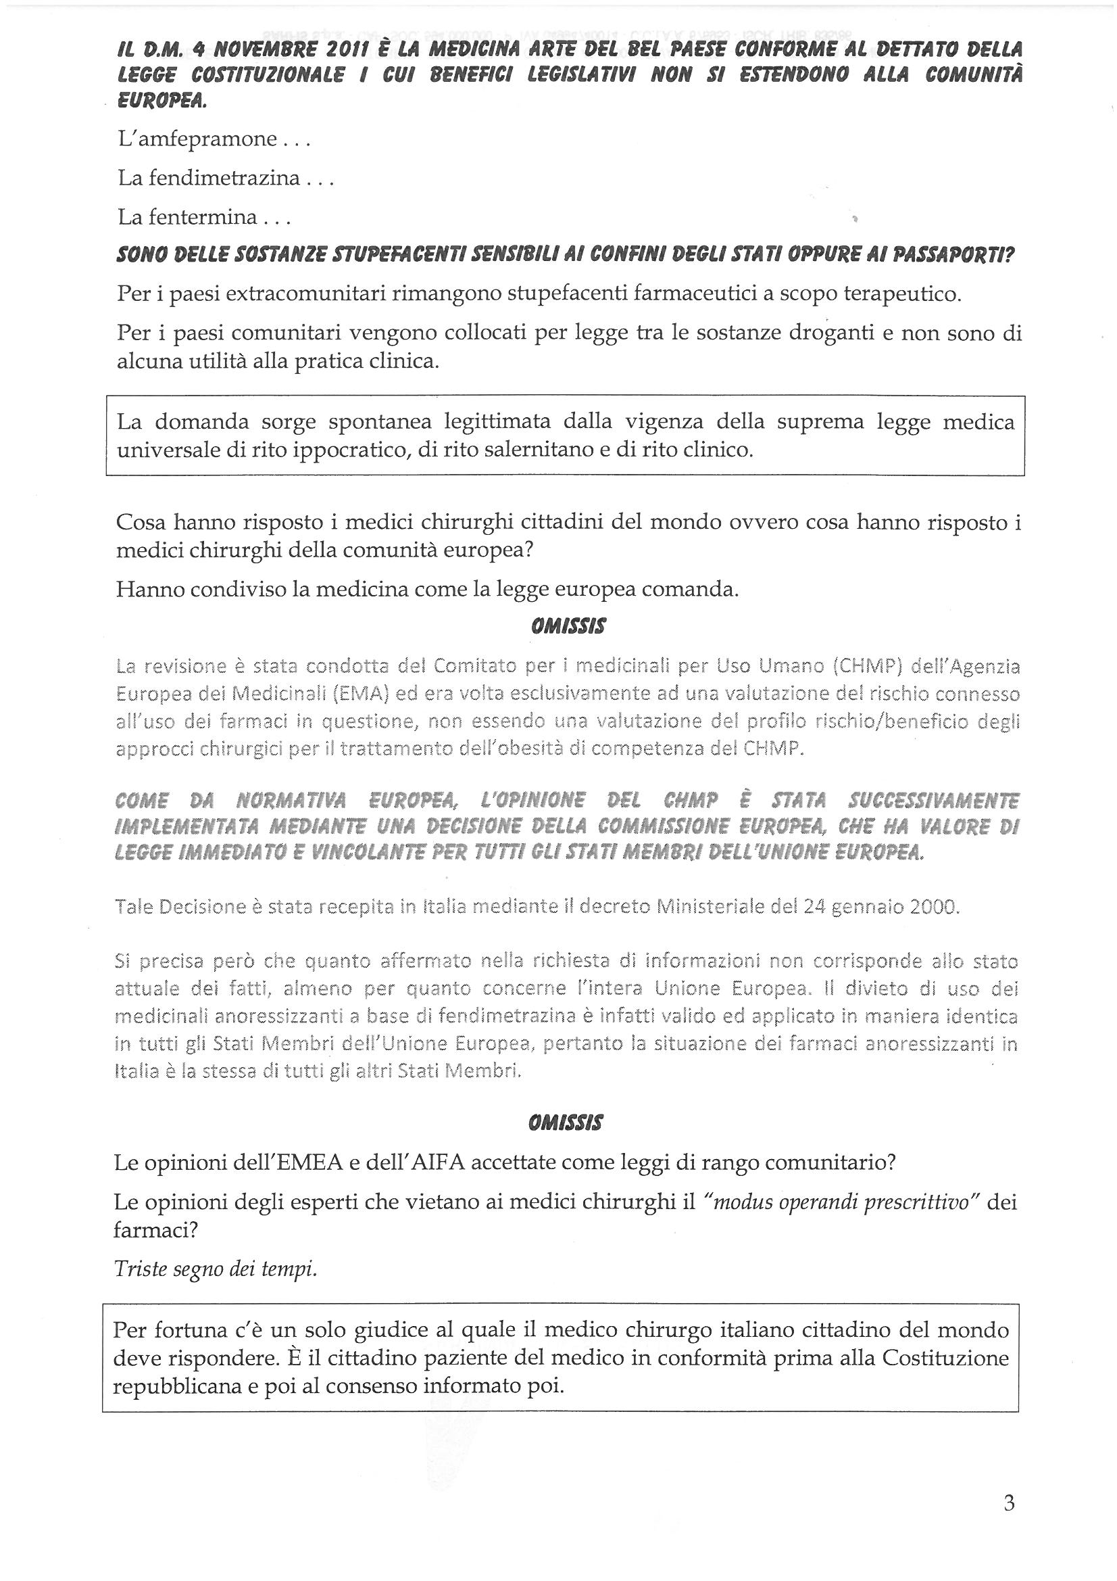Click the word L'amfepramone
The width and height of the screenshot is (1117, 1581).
tap(197, 139)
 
